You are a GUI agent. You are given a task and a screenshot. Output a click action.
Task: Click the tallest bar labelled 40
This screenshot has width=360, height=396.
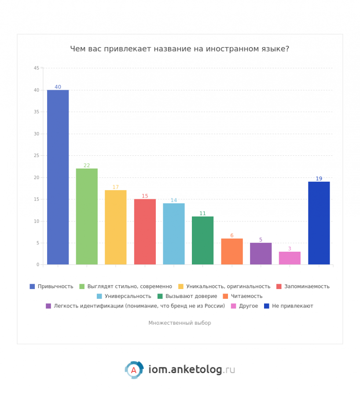point(58,177)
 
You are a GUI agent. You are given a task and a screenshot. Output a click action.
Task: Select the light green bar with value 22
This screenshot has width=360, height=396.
point(87,216)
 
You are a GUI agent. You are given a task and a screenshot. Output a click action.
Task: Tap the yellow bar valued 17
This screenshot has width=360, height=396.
point(116,227)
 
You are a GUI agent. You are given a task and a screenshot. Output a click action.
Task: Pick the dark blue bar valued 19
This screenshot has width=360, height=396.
point(319,223)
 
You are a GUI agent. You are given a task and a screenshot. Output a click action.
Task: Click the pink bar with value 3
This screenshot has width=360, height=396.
point(290,258)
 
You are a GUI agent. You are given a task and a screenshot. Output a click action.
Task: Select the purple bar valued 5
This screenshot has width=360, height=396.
point(261,253)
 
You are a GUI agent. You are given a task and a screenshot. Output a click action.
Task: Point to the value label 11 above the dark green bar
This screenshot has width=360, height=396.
point(202,213)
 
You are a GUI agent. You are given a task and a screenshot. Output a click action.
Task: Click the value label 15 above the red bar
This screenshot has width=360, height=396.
point(145,196)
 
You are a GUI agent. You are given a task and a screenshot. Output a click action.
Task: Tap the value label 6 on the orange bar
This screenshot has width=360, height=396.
point(231,235)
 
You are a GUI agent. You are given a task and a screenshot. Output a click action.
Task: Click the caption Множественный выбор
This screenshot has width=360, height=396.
point(180,323)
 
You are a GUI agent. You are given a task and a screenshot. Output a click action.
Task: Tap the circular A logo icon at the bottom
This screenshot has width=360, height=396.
point(134,370)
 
